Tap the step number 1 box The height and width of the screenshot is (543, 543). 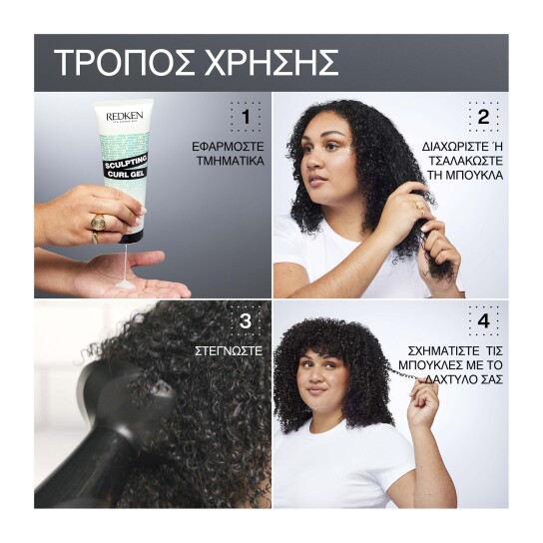click(246, 118)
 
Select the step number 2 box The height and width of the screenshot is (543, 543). click(483, 118)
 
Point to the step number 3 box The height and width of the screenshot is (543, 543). click(246, 321)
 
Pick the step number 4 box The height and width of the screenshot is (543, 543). click(483, 321)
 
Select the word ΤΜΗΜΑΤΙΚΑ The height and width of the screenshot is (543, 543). click(229, 160)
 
